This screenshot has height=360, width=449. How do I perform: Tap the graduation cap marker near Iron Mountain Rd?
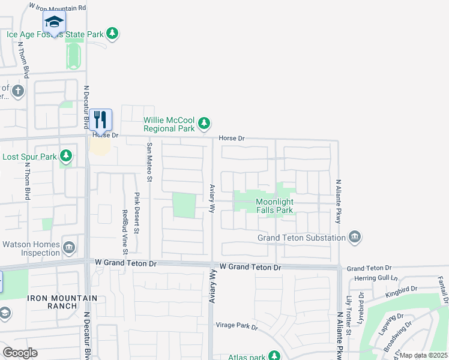54,22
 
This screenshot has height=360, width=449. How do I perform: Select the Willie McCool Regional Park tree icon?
205,124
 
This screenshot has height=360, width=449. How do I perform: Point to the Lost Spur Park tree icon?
66,157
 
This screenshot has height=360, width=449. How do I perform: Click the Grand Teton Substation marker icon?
354,238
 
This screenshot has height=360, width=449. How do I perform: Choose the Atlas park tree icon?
275,356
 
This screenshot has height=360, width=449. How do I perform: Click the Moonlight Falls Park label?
274,206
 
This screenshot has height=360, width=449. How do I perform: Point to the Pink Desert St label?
136,214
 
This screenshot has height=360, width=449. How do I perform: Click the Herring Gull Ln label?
377,278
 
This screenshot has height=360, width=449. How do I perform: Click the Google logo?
20,352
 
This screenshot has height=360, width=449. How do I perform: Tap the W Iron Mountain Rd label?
58,8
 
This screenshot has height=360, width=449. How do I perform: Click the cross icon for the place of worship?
18,91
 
